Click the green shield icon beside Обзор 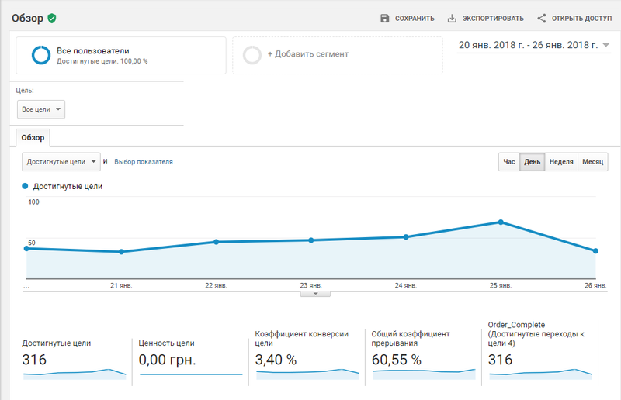tap(52, 18)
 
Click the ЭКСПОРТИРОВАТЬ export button tap(486, 18)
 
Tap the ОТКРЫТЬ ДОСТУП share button tap(574, 18)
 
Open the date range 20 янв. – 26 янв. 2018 tap(533, 45)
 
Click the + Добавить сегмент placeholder tap(338, 54)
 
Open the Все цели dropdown tap(41, 109)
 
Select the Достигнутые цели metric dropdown tap(61, 162)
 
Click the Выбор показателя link tap(144, 162)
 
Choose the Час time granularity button tap(509, 162)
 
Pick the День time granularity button tap(532, 162)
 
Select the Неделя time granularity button tap(561, 162)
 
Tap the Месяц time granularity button tap(592, 162)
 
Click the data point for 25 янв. tap(501, 222)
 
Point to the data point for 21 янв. tap(122, 252)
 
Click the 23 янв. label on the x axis tap(311, 285)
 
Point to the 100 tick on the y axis tap(33, 202)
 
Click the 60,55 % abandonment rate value tap(396, 360)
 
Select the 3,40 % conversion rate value tap(276, 360)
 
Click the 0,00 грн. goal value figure tap(167, 360)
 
